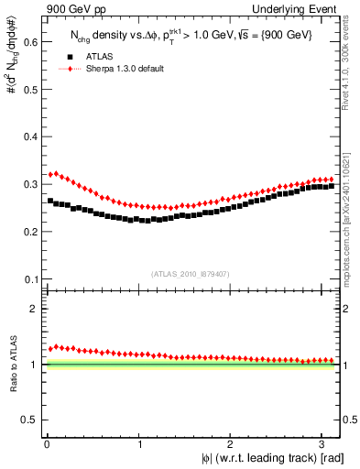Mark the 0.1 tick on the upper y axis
[30, 278]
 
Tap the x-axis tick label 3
[325, 443]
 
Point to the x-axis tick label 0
[47, 443]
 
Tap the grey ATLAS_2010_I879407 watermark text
[190, 273]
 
